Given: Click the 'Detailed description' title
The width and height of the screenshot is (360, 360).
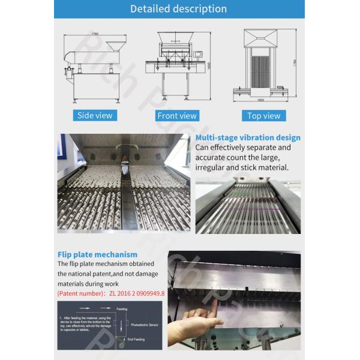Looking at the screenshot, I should point(179,9).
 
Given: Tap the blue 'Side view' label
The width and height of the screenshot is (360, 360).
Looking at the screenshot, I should point(94,115).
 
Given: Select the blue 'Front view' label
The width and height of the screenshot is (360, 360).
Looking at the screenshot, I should point(176,115).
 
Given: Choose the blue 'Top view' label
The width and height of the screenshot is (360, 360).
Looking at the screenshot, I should point(264,115).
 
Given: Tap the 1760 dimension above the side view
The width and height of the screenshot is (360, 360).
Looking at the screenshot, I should point(95,34).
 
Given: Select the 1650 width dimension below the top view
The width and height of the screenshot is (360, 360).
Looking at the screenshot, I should point(262,100).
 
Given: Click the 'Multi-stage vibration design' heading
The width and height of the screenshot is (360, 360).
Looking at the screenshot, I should point(248,138).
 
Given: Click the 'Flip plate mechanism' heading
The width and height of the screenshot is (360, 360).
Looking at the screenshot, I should point(97,254).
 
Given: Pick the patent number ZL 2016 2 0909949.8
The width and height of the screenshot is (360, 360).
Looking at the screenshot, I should point(137,293).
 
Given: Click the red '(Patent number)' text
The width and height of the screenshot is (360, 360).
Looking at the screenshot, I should point(82,293).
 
